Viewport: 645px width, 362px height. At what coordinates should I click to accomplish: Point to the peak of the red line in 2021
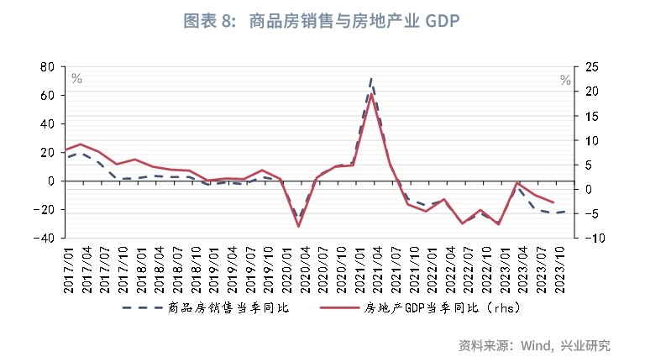pos(371,94)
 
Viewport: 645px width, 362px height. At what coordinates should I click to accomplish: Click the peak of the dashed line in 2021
pos(371,78)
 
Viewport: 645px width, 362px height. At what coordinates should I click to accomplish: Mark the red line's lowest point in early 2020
pos(298,226)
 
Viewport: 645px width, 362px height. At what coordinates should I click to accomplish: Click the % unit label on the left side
pos(76,79)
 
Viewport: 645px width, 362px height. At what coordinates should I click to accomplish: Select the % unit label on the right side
pos(565,80)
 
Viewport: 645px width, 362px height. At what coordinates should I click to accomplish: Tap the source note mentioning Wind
pos(534,344)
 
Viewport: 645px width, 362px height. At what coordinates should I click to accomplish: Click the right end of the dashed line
pos(564,211)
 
